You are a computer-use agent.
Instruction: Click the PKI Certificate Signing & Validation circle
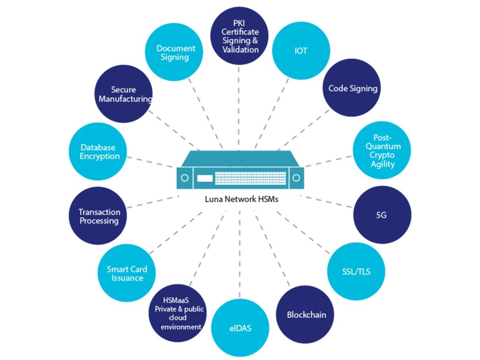240,37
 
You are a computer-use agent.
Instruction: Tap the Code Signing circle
352,88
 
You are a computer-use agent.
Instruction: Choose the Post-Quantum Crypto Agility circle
383,151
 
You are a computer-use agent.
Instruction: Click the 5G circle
382,215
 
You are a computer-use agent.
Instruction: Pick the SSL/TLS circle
356,271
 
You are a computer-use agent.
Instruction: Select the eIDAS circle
240,328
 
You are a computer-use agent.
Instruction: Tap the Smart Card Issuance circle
127,273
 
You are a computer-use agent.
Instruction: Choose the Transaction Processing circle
99,216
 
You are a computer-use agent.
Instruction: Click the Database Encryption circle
98,152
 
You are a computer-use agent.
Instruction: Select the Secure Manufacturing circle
124,94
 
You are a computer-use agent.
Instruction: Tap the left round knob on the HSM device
185,178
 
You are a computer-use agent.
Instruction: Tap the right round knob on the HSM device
296,178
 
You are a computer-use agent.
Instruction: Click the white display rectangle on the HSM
204,179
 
